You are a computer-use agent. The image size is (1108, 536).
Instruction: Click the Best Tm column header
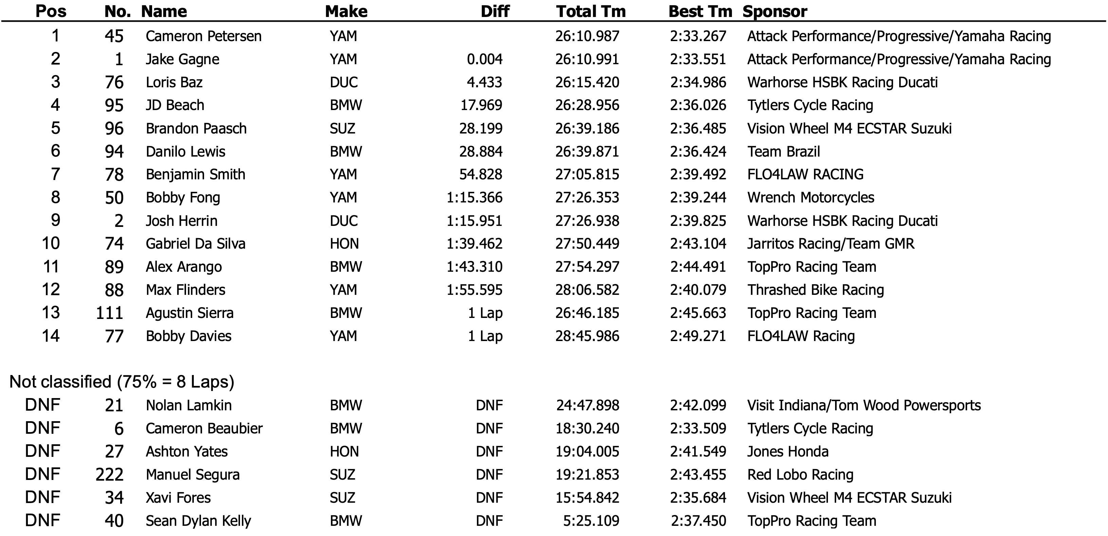pyautogui.click(x=700, y=11)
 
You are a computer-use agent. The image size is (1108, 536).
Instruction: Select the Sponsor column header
pyautogui.click(x=775, y=11)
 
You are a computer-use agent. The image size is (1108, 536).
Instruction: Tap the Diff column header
pyautogui.click(x=495, y=11)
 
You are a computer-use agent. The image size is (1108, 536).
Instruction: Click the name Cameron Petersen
pyautogui.click(x=203, y=36)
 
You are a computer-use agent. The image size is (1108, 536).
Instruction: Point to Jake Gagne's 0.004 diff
pyautogui.click(x=485, y=59)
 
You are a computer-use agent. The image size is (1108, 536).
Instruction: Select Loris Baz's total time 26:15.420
pyautogui.click(x=587, y=82)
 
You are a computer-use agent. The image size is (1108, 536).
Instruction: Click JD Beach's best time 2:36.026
pyautogui.click(x=698, y=105)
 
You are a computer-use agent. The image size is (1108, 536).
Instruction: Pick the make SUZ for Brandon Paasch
pyautogui.click(x=343, y=128)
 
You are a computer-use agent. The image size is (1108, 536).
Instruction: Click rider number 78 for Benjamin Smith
pyautogui.click(x=114, y=174)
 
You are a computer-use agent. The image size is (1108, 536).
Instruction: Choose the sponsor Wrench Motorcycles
pyautogui.click(x=810, y=197)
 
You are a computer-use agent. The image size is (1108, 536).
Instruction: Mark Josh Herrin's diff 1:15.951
pyautogui.click(x=475, y=220)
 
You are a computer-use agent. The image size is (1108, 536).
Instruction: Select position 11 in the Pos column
pyautogui.click(x=51, y=267)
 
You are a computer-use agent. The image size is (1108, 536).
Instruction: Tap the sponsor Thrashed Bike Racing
pyautogui.click(x=815, y=290)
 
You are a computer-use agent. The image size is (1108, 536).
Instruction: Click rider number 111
pyautogui.click(x=109, y=313)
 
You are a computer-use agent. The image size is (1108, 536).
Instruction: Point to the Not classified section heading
pyautogui.click(x=122, y=382)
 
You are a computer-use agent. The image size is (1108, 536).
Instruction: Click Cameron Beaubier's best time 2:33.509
pyautogui.click(x=698, y=428)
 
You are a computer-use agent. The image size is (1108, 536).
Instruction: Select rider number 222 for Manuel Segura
pyautogui.click(x=109, y=475)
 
